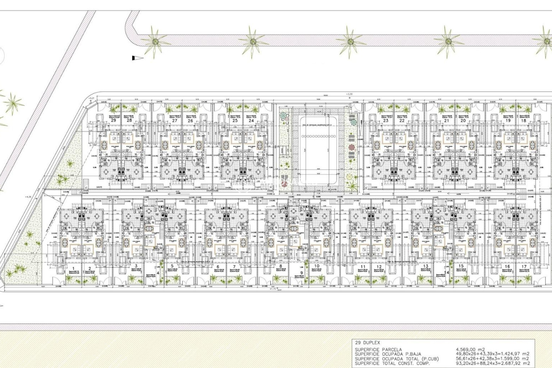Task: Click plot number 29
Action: (114, 120)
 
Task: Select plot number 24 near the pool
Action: (251, 120)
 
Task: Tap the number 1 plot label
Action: (73, 267)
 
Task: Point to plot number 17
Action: (524, 267)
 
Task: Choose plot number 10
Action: (317, 266)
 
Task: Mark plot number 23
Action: (386, 120)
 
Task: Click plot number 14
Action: (446, 273)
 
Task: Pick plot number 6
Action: (218, 267)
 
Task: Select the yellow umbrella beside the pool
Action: (350, 176)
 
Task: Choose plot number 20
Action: (463, 120)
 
